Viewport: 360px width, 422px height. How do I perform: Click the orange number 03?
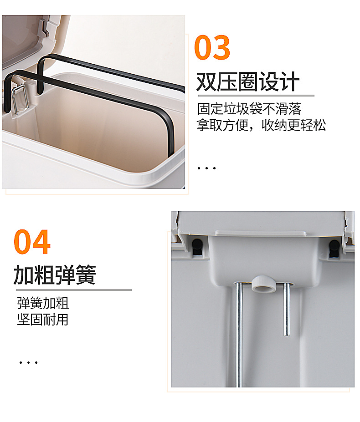[x=212, y=47]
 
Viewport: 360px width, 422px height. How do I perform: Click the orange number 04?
[x=32, y=241]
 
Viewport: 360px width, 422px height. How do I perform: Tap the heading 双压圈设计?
[x=248, y=81]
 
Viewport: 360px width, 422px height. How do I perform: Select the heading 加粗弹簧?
[x=55, y=275]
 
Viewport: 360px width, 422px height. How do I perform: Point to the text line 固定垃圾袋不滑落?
[x=249, y=109]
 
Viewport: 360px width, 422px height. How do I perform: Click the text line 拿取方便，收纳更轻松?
[x=261, y=125]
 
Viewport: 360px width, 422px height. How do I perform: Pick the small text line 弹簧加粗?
[x=43, y=303]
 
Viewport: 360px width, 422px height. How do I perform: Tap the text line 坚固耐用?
[x=43, y=320]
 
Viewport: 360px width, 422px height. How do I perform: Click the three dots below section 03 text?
[x=207, y=168]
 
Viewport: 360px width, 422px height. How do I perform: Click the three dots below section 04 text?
[x=28, y=362]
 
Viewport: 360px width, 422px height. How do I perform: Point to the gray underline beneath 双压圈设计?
[x=256, y=96]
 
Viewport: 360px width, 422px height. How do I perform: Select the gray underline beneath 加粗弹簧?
[x=74, y=290]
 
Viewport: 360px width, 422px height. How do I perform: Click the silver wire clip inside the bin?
[x=20, y=98]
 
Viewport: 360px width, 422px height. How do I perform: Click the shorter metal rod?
[x=287, y=309]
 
